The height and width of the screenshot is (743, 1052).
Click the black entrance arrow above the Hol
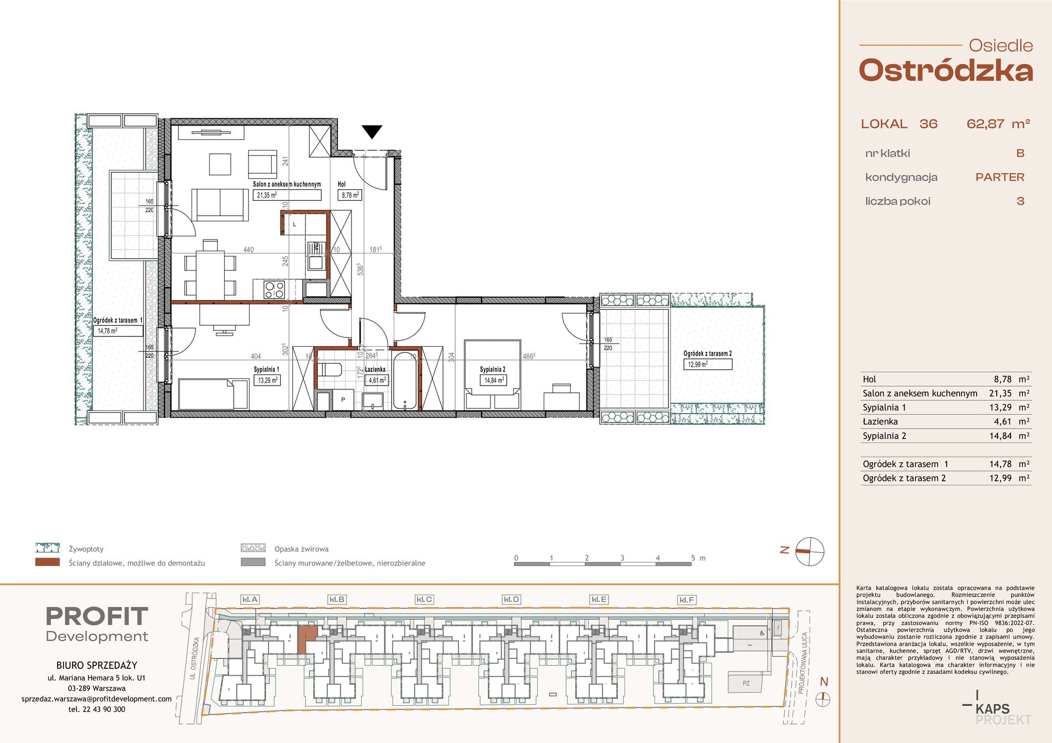pyautogui.click(x=372, y=132)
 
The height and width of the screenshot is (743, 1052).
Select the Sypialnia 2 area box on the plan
pyautogui.click(x=493, y=380)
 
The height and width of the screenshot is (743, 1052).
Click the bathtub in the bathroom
pyautogui.click(x=406, y=381)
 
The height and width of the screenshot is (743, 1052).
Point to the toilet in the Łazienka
pyautogui.click(x=331, y=370)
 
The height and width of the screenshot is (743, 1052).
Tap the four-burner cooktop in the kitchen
pyautogui.click(x=274, y=289)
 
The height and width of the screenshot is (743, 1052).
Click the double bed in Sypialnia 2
pyautogui.click(x=493, y=375)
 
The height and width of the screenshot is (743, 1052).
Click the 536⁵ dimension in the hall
pyautogui.click(x=360, y=269)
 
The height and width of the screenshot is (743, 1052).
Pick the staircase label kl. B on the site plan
pyautogui.click(x=337, y=599)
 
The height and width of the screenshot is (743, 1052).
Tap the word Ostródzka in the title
pyautogui.click(x=946, y=71)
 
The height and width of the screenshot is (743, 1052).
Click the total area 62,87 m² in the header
pyautogui.click(x=998, y=124)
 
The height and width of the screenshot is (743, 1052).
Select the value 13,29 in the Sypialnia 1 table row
pyautogui.click(x=1000, y=407)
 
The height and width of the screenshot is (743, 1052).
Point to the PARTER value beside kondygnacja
pyautogui.click(x=1000, y=177)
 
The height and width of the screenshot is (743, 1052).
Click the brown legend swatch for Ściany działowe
pyautogui.click(x=47, y=562)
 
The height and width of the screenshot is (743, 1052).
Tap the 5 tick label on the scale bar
pyautogui.click(x=693, y=558)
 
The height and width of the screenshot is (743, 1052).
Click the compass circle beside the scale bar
pyautogui.click(x=809, y=552)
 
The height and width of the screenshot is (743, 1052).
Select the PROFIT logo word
pyautogui.click(x=97, y=616)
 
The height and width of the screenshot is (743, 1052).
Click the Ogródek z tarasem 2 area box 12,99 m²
pyautogui.click(x=708, y=364)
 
